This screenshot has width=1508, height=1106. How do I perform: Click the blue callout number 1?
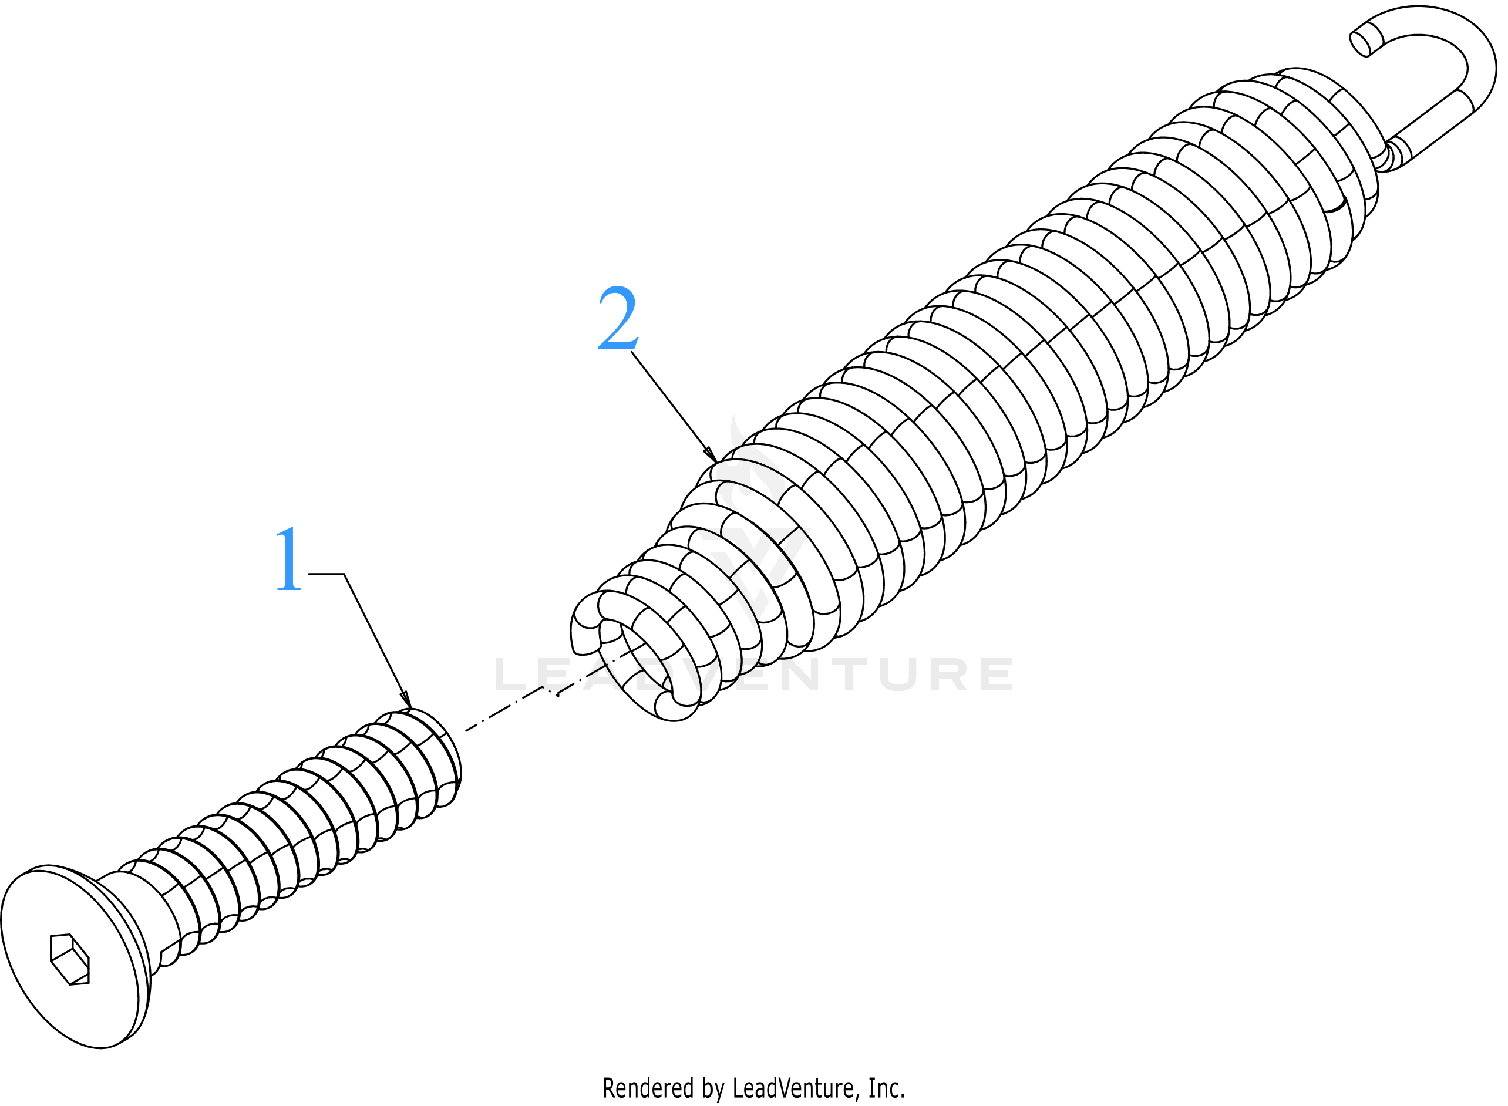tap(290, 558)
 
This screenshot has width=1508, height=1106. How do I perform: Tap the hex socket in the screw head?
tap(70, 959)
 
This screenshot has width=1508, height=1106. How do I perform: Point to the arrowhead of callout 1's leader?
tap(406, 700)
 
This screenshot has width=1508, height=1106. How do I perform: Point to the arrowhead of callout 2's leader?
tap(711, 454)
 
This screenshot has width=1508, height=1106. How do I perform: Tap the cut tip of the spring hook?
tap(1360, 43)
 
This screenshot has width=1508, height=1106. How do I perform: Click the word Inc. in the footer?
tap(887, 1088)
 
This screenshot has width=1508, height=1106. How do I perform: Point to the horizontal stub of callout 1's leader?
tap(326, 574)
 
